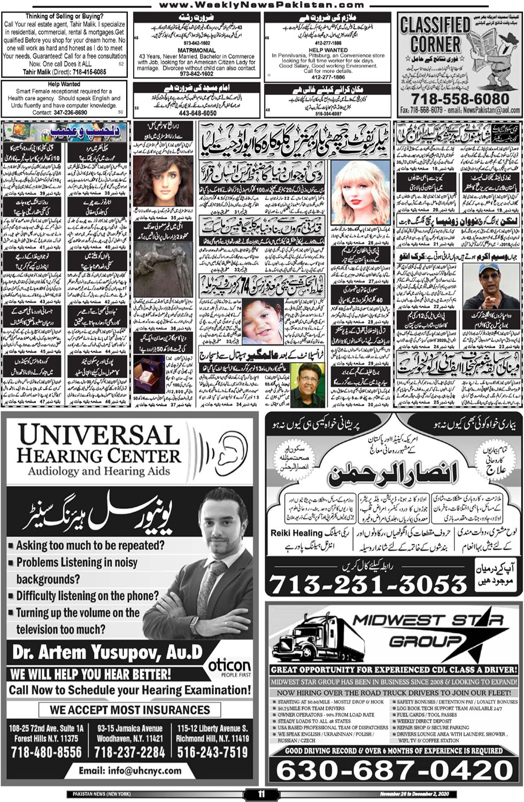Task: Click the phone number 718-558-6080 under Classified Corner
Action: click(460, 99)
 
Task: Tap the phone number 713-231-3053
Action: click(368, 585)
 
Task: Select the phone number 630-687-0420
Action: click(395, 770)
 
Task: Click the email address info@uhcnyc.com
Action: click(130, 770)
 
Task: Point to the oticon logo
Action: click(229, 666)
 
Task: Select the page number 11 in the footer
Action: click(261, 794)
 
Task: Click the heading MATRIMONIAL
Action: click(196, 50)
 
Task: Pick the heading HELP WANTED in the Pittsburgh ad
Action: click(328, 50)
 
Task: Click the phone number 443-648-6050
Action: click(198, 113)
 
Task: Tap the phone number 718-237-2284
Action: click(129, 752)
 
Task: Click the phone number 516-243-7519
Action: click(212, 752)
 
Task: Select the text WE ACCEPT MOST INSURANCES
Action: click(130, 710)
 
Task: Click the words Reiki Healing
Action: click(296, 533)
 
